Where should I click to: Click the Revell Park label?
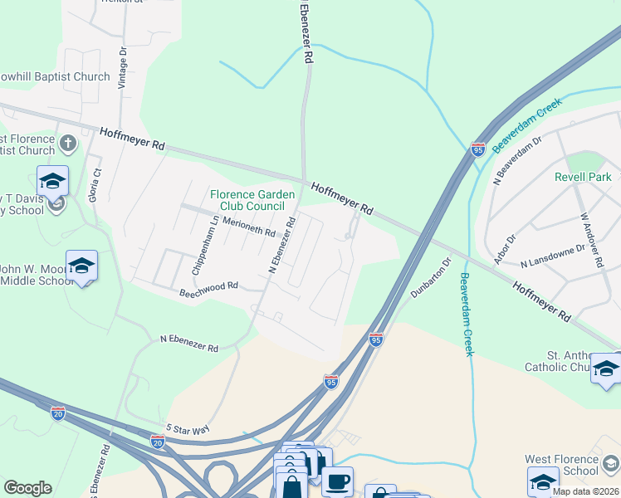(583, 177)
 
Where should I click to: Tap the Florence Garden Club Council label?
(252, 200)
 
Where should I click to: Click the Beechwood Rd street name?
(208, 289)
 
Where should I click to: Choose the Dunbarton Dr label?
(432, 278)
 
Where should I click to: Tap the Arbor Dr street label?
(504, 248)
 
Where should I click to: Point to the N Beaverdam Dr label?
(516, 159)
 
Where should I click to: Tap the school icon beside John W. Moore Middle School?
(82, 265)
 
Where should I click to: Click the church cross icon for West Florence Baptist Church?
(67, 144)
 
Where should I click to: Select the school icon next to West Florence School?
(543, 481)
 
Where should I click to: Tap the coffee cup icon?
(337, 481)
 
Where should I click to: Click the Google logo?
(27, 488)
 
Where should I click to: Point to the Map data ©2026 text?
(585, 491)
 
